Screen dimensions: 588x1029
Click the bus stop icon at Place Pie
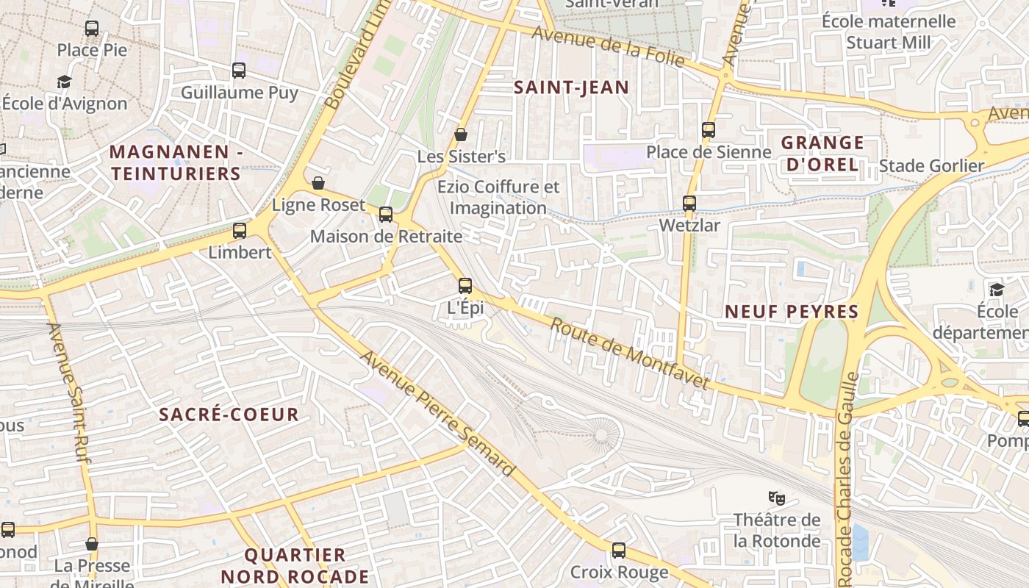[x=92, y=29]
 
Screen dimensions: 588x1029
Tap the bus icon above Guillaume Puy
[x=239, y=71]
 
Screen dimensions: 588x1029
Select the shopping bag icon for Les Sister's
[x=461, y=135]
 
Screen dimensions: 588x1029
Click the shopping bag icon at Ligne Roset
[x=318, y=183]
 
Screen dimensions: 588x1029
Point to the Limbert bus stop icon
[x=240, y=231]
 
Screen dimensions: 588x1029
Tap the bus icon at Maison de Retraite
[x=386, y=215]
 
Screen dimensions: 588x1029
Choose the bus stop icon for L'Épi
[x=465, y=286]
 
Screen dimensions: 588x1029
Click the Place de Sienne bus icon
[x=709, y=130]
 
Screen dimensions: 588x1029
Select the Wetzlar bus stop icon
[x=689, y=204]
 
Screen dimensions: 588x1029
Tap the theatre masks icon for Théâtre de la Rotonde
[x=777, y=498]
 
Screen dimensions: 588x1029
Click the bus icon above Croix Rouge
[x=619, y=550]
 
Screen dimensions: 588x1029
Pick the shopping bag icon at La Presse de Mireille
[x=92, y=544]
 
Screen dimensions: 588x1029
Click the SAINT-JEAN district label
[x=571, y=87]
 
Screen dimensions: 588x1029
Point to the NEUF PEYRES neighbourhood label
[x=792, y=312]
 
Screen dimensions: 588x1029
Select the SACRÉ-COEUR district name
[x=229, y=415]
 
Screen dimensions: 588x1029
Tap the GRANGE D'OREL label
[x=822, y=154]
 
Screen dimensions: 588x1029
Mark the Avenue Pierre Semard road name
[x=438, y=413]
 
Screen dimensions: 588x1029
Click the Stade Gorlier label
[x=931, y=166]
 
